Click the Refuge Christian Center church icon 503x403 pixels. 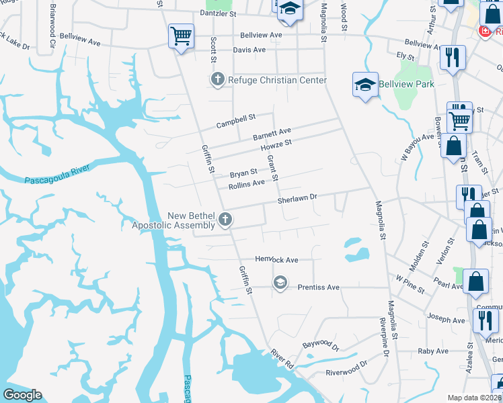point(217,81)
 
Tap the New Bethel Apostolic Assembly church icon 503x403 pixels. point(226,219)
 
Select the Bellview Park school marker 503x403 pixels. point(365,85)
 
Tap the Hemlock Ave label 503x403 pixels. point(276,259)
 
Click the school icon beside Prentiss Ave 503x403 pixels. point(280,283)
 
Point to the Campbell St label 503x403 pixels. point(236,121)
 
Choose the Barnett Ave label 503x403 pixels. point(272,134)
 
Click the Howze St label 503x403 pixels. point(276,145)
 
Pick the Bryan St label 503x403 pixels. point(243,173)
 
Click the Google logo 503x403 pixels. point(22,395)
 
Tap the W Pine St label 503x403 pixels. point(410,283)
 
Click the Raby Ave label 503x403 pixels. point(432,351)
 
